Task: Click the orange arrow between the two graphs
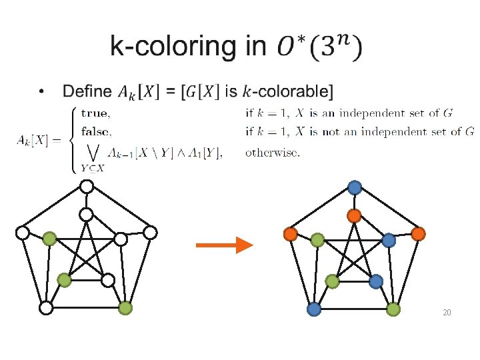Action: (224, 245)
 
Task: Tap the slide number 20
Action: (447, 313)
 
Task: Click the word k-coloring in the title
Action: (172, 47)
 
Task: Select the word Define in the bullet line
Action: (87, 91)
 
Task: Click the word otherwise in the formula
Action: (272, 152)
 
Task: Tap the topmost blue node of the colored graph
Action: (355, 188)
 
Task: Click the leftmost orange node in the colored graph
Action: (290, 234)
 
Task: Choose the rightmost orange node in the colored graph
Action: (418, 234)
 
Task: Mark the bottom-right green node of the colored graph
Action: (393, 309)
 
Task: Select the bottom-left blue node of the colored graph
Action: (314, 309)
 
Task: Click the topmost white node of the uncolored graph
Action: (87, 187)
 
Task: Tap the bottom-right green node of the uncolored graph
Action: (125, 308)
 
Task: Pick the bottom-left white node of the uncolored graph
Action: (45, 308)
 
